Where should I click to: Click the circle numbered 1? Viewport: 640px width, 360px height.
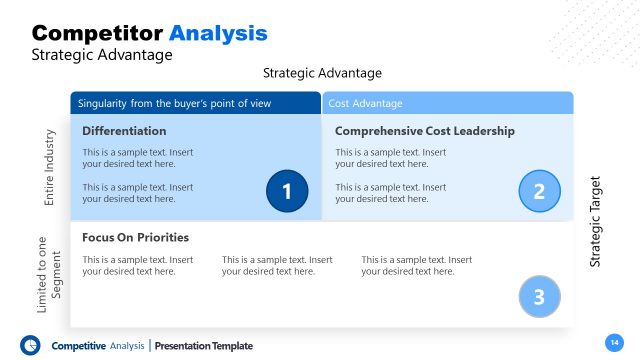point(287,191)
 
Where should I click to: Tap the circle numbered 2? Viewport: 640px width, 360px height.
point(540,191)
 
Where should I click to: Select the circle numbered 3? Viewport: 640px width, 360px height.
point(540,296)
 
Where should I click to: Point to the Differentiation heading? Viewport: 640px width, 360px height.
point(124,131)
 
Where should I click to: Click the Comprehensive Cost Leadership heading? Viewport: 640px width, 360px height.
point(425,131)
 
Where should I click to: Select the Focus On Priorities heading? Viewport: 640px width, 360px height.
point(135,238)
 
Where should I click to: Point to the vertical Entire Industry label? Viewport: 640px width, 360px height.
point(49,167)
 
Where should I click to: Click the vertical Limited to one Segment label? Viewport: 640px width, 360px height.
point(49,274)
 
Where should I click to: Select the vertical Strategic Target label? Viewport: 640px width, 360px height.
point(596,221)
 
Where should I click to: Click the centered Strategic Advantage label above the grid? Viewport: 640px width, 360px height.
point(322,74)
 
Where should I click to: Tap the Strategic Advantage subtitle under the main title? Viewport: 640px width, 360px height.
point(102,55)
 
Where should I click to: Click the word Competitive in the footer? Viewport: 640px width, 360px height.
point(78,346)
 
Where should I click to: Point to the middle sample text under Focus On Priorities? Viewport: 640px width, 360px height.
point(277,265)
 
